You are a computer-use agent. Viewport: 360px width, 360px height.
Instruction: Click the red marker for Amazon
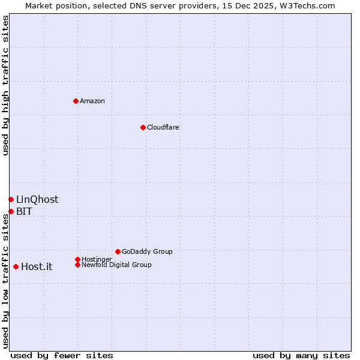76,101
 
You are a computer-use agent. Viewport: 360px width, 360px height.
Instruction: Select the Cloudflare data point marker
143,127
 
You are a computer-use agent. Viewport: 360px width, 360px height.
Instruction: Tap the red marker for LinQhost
11,199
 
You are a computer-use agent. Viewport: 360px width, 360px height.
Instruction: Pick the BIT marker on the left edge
11,211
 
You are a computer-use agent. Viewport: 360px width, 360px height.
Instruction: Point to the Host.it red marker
16,266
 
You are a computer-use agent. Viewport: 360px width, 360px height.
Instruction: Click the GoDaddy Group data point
118,251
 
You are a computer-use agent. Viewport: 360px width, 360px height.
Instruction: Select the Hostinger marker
77,259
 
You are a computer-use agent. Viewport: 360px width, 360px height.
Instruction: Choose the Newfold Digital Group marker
77,265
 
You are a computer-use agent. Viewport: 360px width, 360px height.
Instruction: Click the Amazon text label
92,101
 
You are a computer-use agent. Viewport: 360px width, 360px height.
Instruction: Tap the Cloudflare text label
163,127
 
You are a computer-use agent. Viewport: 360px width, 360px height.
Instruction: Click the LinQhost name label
37,199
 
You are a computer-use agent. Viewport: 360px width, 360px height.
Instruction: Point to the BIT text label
25,211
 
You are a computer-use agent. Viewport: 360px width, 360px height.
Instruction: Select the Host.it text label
37,266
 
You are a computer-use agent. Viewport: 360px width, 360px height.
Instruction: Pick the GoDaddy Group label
147,251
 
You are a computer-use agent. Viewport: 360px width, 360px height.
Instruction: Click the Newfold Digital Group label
117,265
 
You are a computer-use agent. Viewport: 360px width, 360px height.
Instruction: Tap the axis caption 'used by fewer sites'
62,355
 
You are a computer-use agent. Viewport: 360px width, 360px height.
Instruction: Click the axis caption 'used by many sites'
301,355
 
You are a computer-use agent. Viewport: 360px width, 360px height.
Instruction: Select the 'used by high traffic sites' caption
5,85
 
